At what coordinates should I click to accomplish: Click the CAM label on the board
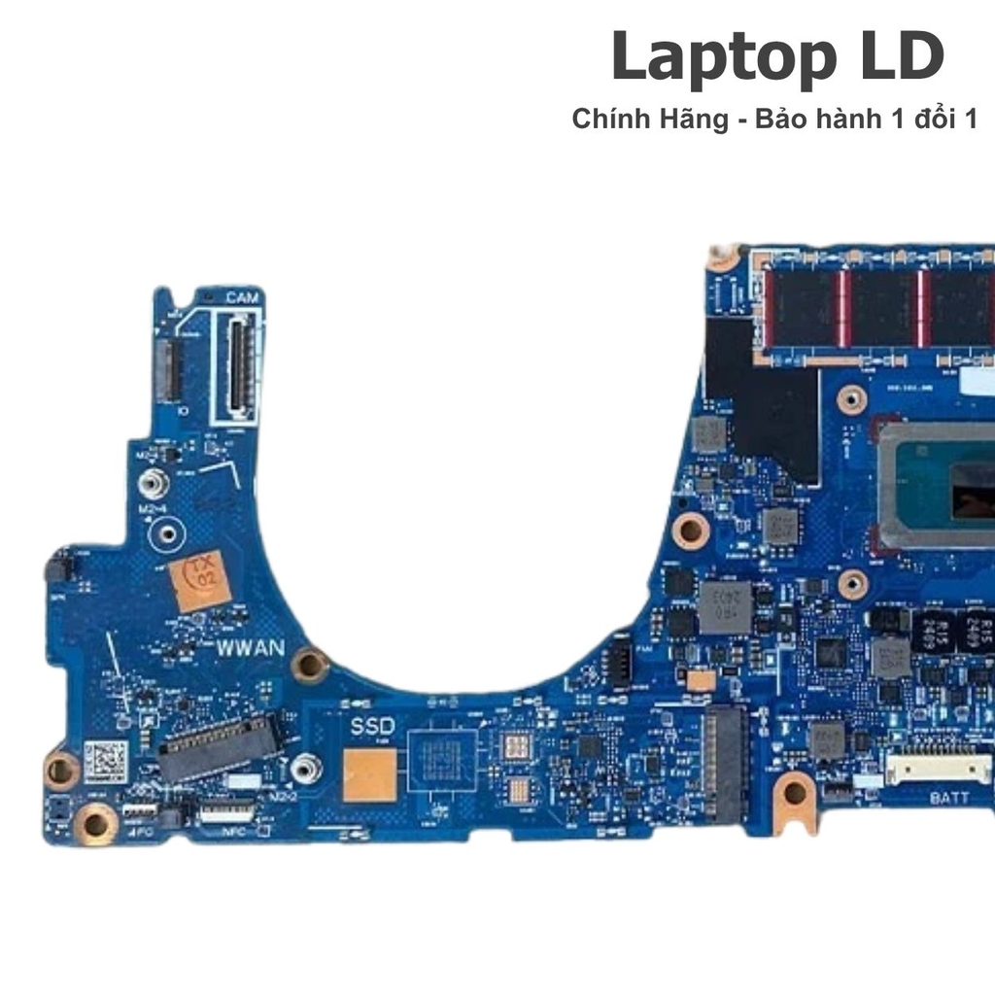(x=242, y=297)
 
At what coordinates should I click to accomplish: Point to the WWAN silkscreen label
(x=250, y=647)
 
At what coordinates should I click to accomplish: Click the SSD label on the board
(x=373, y=725)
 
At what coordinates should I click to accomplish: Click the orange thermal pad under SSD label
(x=369, y=774)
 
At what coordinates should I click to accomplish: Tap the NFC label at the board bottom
(x=233, y=833)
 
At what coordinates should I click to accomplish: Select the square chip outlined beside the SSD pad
(x=443, y=759)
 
